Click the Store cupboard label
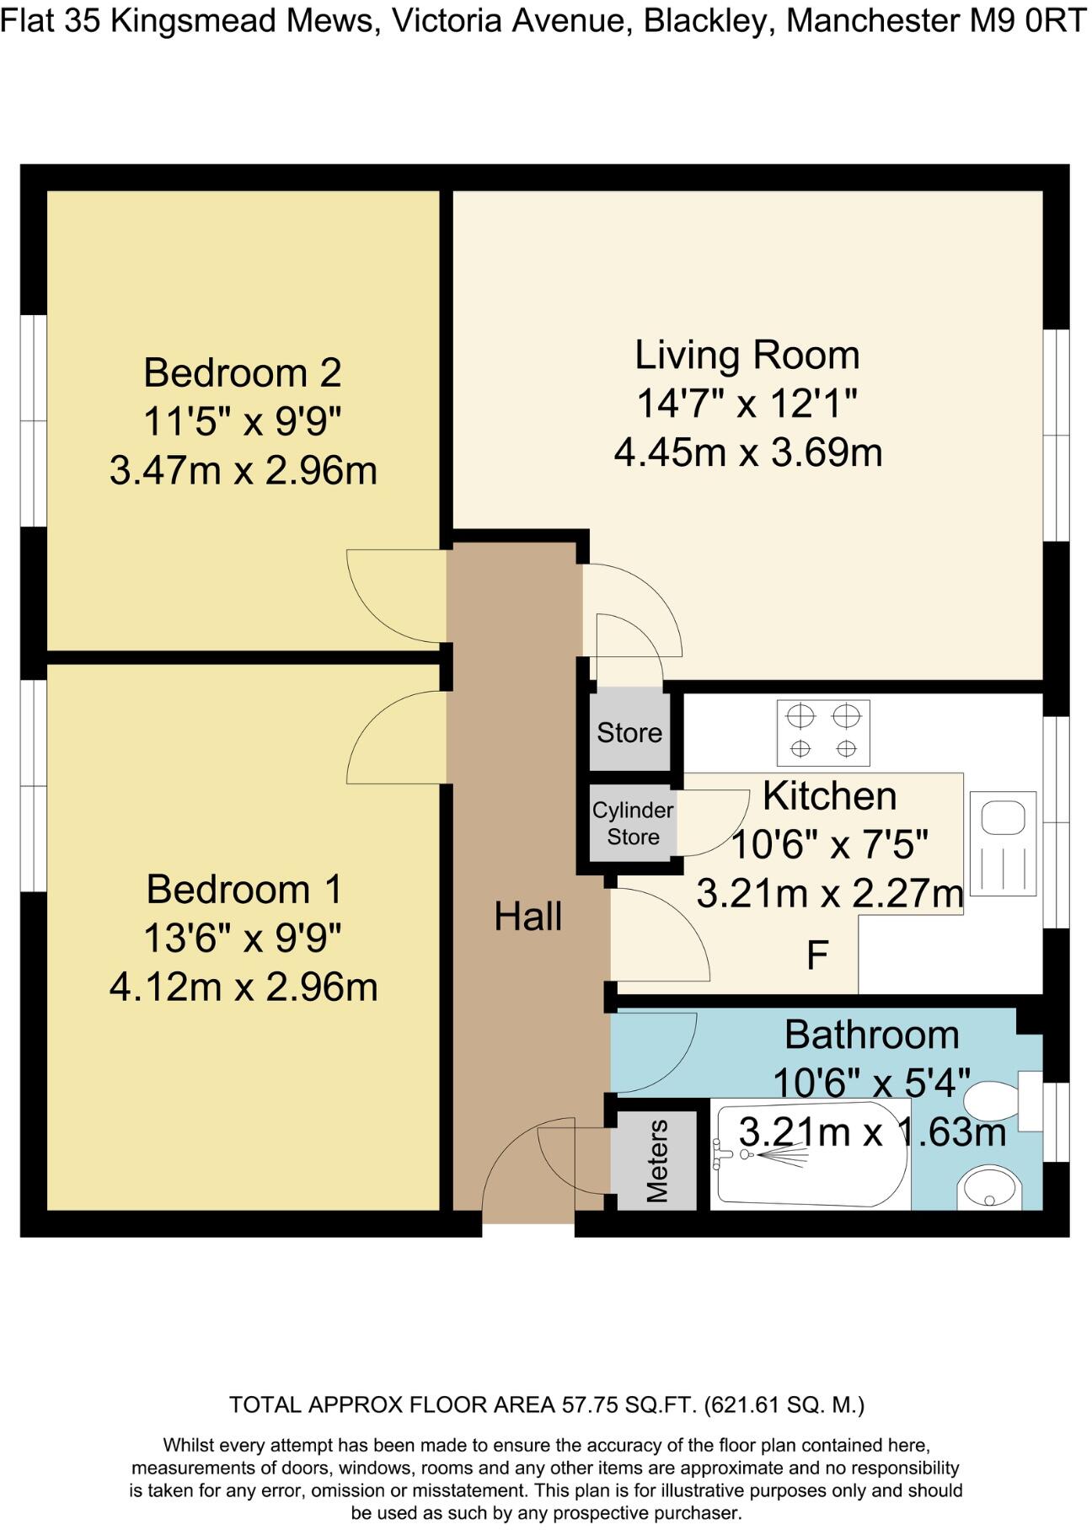pos(629,732)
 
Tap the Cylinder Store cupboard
pos(632,824)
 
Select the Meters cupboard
pos(656,1160)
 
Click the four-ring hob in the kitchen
pos(823,733)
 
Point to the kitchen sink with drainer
pos(1003,843)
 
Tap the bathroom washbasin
pos(989,1187)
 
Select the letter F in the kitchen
pos(817,955)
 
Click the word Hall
pos(528,916)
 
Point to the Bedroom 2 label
pos(243,372)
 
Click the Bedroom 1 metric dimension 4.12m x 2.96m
pos(244,987)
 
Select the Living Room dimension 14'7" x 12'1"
pos(747,404)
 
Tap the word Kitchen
pos(829,795)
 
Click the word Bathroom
pos(872,1035)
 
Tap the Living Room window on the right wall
pos(1057,435)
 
